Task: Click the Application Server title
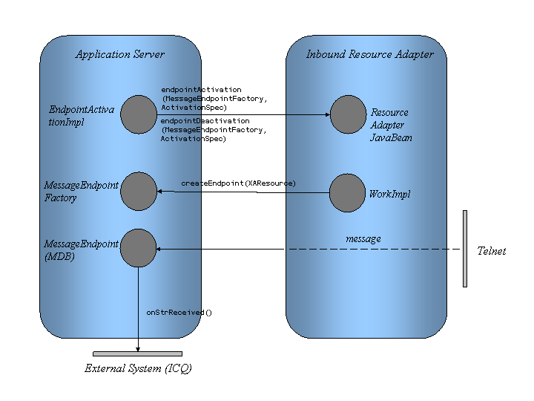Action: (120, 54)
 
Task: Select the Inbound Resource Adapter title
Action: (370, 54)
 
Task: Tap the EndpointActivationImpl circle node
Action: (138, 114)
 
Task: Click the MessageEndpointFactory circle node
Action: (138, 192)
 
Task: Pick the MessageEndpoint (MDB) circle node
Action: (138, 248)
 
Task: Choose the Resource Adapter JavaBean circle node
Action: (349, 114)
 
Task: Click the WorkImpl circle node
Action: (347, 193)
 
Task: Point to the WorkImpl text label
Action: (389, 195)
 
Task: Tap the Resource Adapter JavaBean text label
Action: (389, 125)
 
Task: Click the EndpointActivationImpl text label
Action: (82, 116)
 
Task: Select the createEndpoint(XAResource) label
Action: (238, 183)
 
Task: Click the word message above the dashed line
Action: (363, 238)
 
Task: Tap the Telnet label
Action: (491, 252)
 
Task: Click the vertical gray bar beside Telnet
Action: (465, 248)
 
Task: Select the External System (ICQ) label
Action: (138, 368)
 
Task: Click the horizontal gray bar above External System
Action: (138, 353)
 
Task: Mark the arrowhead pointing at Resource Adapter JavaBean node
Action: (326, 114)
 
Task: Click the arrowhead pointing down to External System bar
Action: (138, 348)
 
